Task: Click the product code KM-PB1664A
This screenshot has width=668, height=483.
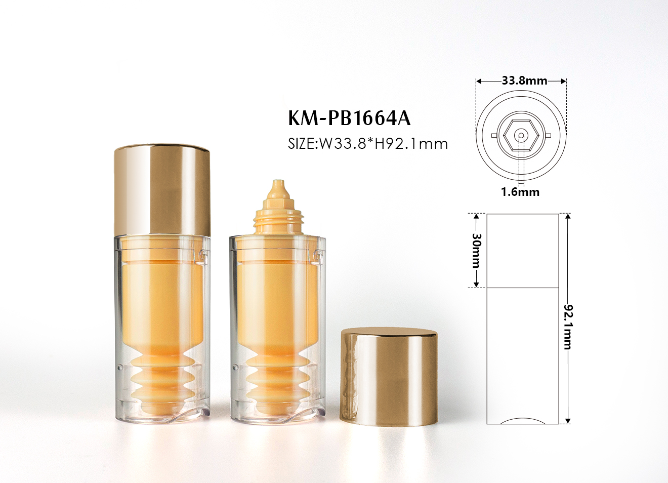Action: (x=349, y=118)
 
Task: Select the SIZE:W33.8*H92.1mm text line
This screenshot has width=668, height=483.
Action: (x=368, y=144)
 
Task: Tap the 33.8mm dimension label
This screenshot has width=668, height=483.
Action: (x=524, y=80)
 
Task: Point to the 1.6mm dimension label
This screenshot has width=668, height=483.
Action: (x=520, y=192)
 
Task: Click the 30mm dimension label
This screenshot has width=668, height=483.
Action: (x=476, y=251)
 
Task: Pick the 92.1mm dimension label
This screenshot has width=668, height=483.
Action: (x=568, y=327)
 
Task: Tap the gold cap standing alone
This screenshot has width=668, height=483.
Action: (x=389, y=377)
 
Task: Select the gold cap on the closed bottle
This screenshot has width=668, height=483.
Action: (x=162, y=190)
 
